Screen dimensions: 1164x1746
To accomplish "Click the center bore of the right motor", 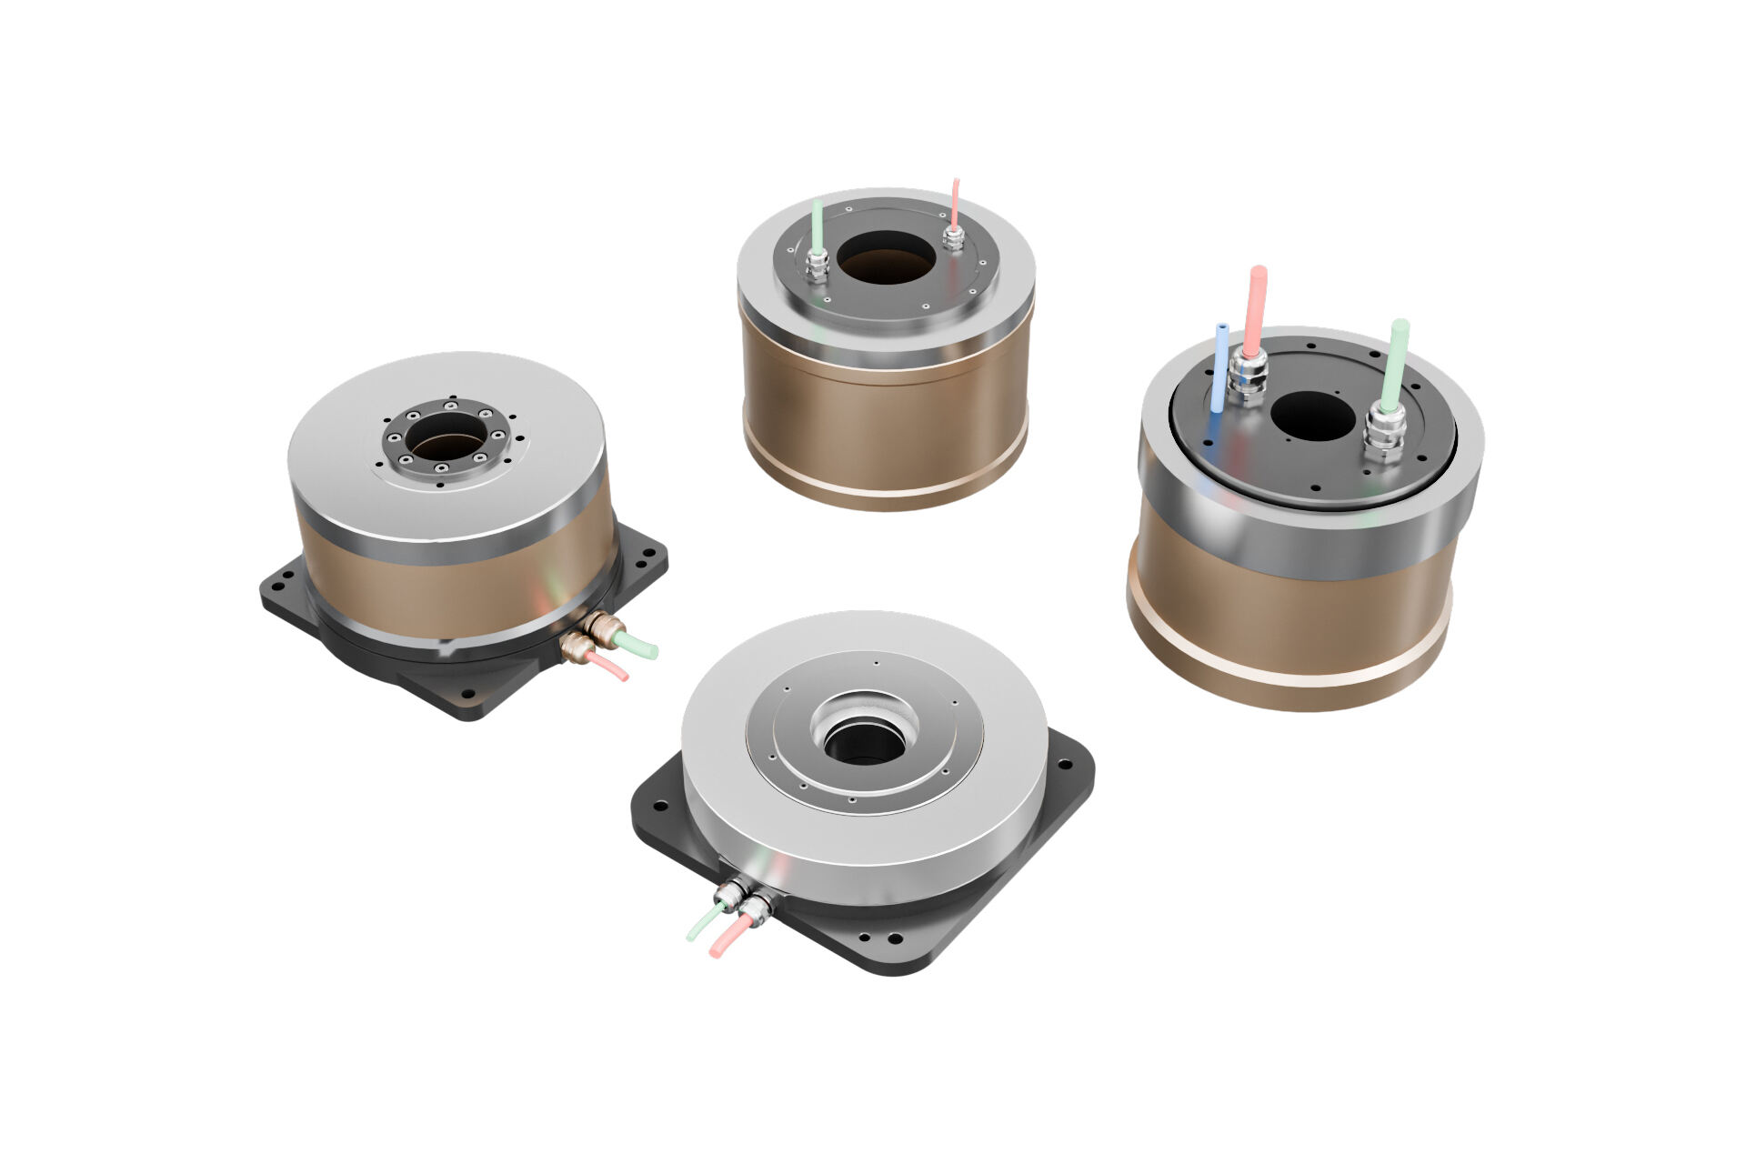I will (x=1312, y=416).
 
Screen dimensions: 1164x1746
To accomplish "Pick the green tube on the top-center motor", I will (x=817, y=224).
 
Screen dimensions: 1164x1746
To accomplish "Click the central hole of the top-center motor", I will (x=886, y=257).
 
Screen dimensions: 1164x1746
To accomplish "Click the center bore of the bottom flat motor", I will (x=864, y=741).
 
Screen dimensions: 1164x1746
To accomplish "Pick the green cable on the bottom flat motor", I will (x=704, y=925).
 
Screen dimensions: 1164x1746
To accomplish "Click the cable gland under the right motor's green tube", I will (x=1384, y=433).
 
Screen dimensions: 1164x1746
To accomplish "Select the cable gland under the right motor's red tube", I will (x=1247, y=376).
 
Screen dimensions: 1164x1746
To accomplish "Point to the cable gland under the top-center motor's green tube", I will (x=816, y=265).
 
